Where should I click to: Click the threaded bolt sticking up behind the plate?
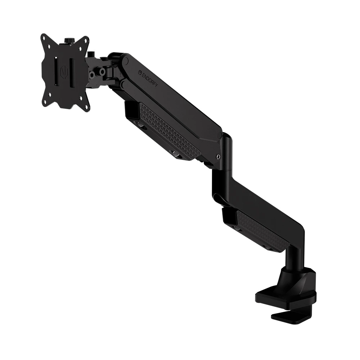click(90, 54)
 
